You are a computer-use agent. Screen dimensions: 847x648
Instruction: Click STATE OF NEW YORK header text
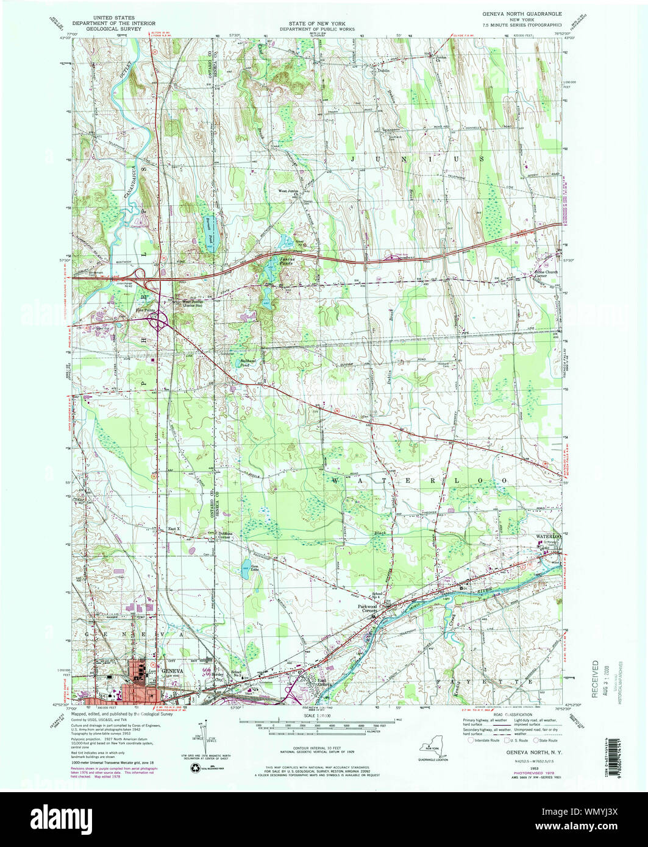[304, 22]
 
